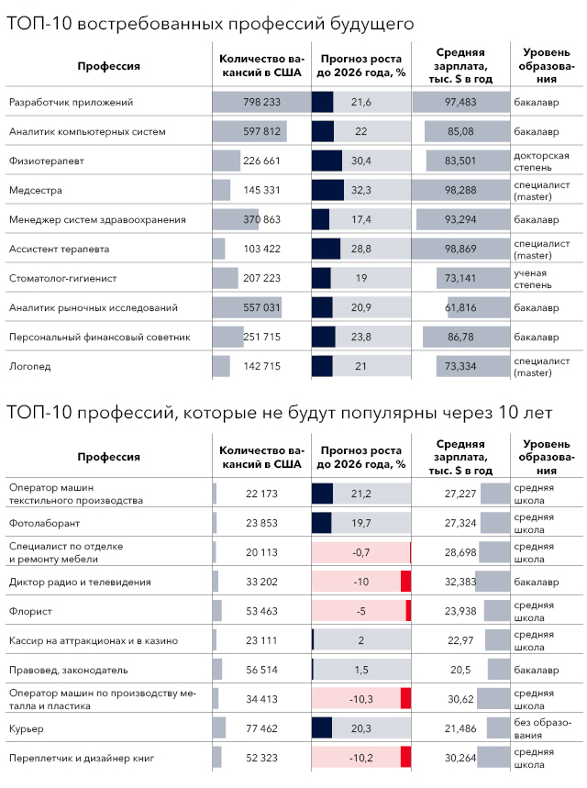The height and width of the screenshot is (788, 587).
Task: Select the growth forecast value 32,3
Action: [x=360, y=190]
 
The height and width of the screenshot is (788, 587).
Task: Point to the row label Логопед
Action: [x=28, y=366]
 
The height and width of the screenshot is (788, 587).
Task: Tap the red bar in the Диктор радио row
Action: [x=405, y=582]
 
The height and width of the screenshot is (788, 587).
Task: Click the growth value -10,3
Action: [x=360, y=699]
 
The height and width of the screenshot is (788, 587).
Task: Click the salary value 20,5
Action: [x=460, y=670]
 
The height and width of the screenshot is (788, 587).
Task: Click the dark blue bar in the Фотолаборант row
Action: [x=321, y=523]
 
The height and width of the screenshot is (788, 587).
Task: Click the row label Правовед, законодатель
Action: [x=63, y=670]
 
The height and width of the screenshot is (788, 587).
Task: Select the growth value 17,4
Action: [x=360, y=219]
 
